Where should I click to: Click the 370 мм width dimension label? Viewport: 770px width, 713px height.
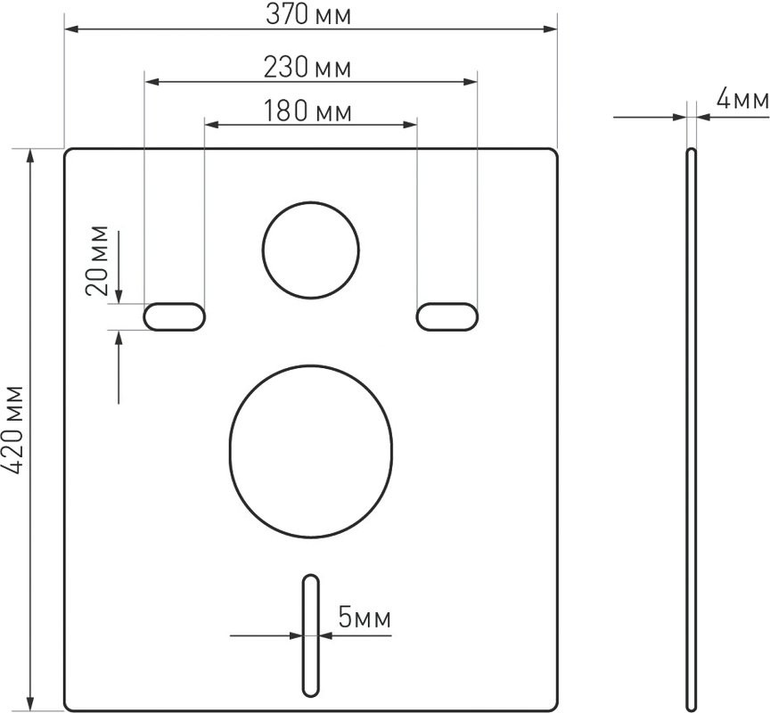(x=308, y=15)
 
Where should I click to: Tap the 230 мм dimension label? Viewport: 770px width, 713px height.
(x=307, y=67)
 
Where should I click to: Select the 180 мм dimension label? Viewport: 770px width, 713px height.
(x=307, y=111)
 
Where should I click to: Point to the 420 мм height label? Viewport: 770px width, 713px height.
(x=12, y=430)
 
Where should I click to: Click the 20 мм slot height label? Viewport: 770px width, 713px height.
(x=97, y=260)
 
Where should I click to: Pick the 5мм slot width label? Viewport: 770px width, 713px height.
(x=365, y=618)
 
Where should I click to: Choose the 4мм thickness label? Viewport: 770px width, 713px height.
(x=742, y=99)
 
